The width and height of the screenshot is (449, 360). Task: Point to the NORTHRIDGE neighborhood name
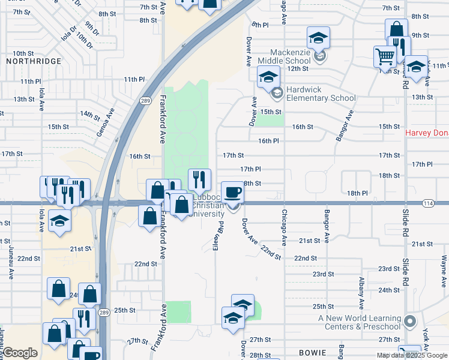point(34,61)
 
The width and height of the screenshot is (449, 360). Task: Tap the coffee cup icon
point(232,193)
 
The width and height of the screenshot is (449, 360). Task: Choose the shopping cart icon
point(385,57)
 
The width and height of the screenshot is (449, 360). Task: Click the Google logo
point(20,353)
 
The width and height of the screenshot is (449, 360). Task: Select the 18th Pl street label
point(357,193)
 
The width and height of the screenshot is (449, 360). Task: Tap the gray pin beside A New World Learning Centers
point(410,322)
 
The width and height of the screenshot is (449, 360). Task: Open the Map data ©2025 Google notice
point(413,355)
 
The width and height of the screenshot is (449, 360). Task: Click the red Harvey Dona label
point(427,133)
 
